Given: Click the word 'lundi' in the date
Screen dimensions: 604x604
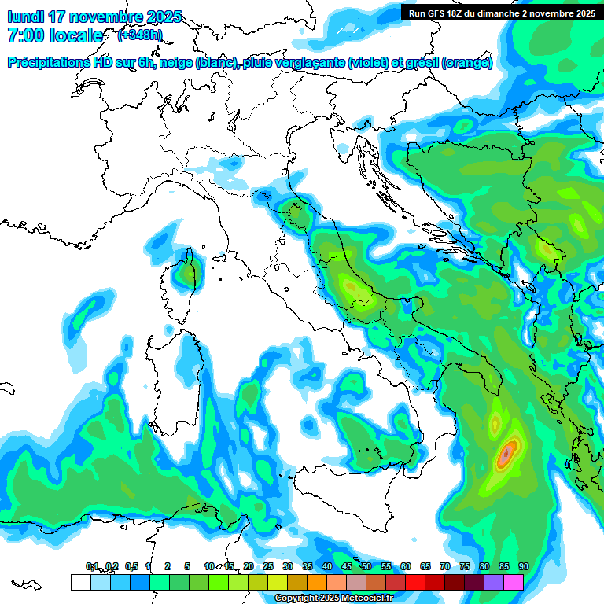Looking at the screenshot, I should (x=25, y=17).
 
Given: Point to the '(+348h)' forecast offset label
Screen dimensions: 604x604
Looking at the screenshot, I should (x=140, y=35).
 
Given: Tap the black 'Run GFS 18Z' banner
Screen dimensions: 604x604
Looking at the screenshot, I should (x=499, y=13).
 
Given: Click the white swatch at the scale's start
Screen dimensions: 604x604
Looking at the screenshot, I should (x=80, y=582).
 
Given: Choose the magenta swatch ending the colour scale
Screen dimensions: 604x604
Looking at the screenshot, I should (x=514, y=582).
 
